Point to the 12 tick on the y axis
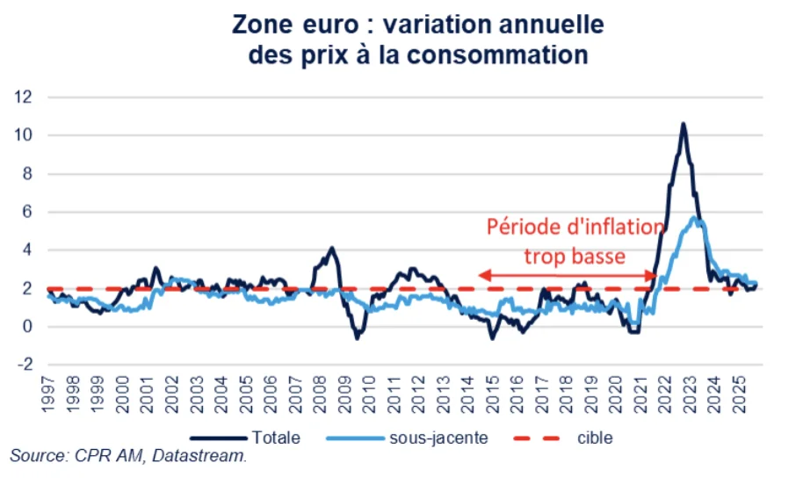point(24,97)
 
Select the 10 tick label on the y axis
point(24,135)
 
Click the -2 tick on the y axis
point(24,365)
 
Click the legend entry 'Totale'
point(276,437)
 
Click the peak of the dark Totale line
point(683,124)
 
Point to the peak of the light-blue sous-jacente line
point(695,217)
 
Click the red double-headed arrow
point(567,276)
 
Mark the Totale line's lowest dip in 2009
point(357,338)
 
